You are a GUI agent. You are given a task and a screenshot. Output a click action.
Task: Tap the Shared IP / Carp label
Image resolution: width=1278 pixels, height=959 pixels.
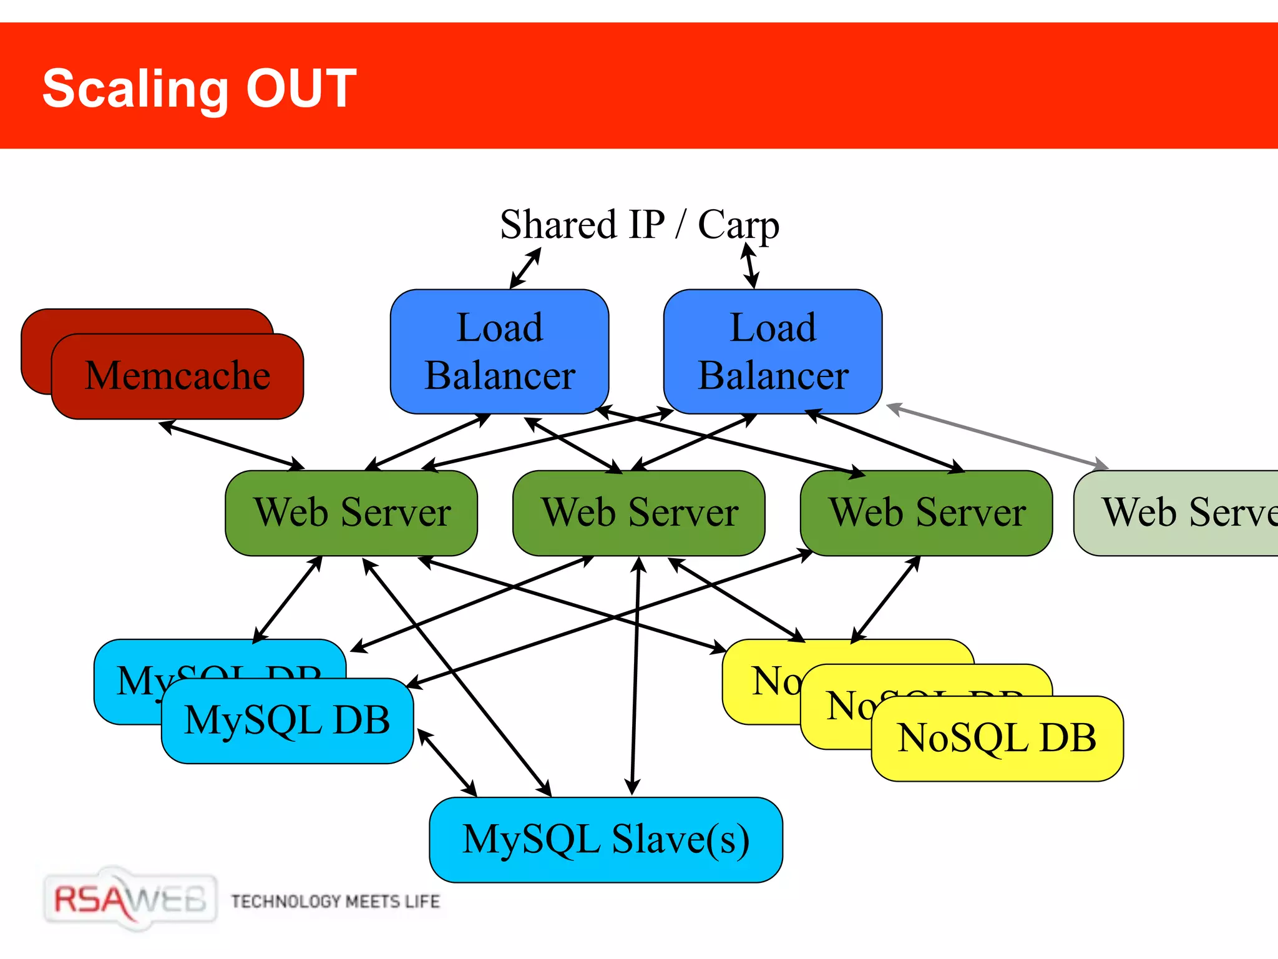[x=639, y=225]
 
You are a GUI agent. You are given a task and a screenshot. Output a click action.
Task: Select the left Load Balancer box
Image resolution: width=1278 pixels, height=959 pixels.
[x=499, y=352]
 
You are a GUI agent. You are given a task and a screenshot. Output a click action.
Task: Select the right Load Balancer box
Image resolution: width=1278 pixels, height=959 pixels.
[x=773, y=352]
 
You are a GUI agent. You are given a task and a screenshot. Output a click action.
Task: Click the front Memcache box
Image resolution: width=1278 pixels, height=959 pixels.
[x=177, y=376]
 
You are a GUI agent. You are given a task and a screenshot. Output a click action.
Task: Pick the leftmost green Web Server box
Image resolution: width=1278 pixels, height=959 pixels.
[x=351, y=513]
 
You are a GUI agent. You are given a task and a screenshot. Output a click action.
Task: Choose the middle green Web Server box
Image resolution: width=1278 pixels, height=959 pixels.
[x=639, y=513]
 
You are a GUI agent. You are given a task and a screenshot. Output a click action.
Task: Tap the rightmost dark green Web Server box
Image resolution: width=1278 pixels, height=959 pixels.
[x=927, y=513]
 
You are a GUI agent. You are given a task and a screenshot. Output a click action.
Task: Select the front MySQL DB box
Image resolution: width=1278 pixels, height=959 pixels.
[x=287, y=720]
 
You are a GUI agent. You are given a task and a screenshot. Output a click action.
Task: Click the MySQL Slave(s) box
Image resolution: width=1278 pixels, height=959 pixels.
[x=605, y=839]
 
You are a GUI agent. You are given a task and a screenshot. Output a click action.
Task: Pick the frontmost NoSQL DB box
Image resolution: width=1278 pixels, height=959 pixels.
[x=997, y=739]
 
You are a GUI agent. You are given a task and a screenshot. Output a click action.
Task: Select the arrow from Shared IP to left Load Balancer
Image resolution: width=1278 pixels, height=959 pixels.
[x=525, y=268]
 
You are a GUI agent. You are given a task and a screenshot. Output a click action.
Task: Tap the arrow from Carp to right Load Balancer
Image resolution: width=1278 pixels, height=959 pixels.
[x=750, y=266]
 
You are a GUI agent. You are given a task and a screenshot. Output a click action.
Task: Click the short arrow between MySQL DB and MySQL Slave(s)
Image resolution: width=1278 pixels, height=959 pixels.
[x=447, y=762]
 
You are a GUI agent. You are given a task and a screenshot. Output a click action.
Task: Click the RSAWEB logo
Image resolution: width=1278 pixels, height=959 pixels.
[x=130, y=900]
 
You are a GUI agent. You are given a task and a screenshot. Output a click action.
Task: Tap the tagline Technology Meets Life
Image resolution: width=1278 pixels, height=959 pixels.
[x=335, y=902]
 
